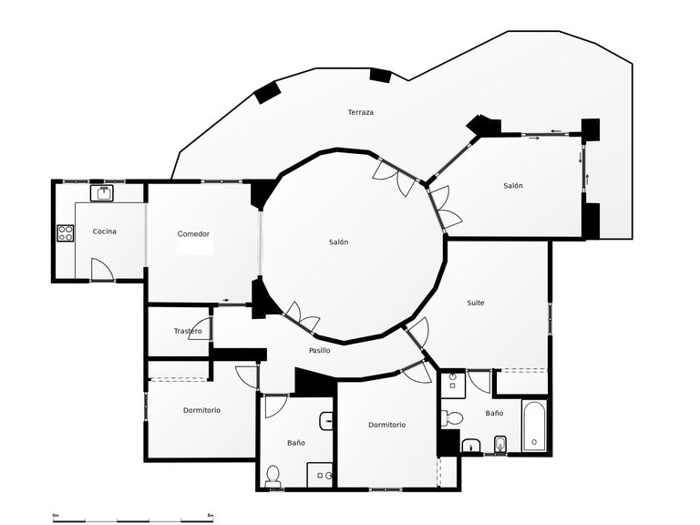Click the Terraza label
point(360,112)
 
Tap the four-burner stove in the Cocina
point(66,233)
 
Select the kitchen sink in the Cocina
point(101,193)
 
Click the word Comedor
point(193,234)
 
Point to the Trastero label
point(187,331)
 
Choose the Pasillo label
point(319,350)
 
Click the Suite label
point(476,303)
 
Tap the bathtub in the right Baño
point(533,426)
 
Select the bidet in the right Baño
point(499,444)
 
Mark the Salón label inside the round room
point(338,242)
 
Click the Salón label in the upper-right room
point(513,186)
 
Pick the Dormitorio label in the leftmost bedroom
point(201,410)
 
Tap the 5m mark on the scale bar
point(211,516)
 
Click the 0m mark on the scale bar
point(56,516)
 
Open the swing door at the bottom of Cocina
point(102,270)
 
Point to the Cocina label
point(105,232)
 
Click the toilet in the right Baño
point(450,418)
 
